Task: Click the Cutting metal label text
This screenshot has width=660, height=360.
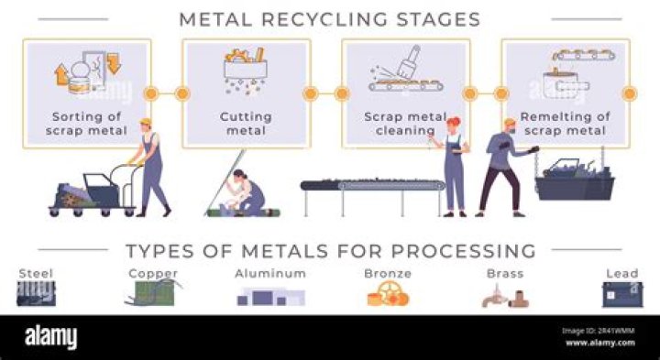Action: pos(246,124)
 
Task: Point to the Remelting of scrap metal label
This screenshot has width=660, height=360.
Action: pos(565,124)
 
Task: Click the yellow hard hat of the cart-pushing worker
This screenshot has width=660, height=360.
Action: pos(146,123)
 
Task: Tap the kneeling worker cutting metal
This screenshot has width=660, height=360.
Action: pos(247,192)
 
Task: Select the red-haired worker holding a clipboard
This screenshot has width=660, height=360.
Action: pos(453,167)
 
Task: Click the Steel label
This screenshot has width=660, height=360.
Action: pos(36,274)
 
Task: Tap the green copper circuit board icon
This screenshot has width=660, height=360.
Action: pos(154,293)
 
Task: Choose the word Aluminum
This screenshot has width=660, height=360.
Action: pos(270,274)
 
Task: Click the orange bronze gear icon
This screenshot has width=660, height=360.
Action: pos(388,293)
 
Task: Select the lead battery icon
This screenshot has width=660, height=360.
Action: pos(622,294)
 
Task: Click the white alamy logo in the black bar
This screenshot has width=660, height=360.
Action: pos(51,337)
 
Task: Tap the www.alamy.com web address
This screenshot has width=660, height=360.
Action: pos(600,343)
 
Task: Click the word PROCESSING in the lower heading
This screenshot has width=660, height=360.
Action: pos(464,251)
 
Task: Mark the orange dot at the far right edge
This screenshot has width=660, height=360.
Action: pos(630,93)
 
